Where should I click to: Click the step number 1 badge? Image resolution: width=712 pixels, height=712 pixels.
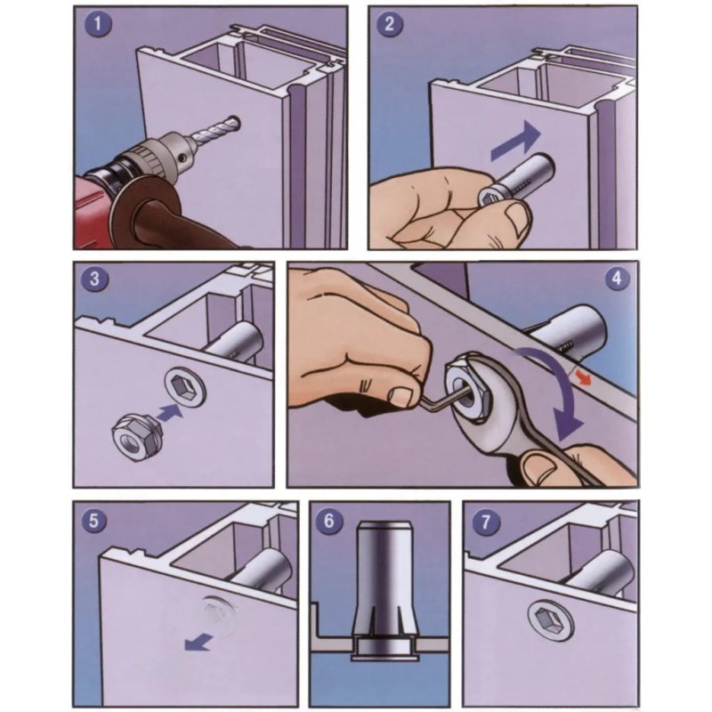[x=98, y=24]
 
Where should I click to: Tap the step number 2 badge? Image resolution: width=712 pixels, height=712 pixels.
[x=390, y=24]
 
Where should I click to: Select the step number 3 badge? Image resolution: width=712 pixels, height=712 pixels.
[x=94, y=279]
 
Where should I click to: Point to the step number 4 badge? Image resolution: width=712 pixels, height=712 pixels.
[x=617, y=278]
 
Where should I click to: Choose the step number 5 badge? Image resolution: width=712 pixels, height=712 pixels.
[x=94, y=521]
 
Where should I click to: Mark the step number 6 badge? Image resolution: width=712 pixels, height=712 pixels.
[x=328, y=521]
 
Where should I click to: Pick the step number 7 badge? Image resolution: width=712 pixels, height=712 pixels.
[x=486, y=522]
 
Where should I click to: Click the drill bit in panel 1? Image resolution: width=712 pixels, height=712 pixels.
[x=215, y=129]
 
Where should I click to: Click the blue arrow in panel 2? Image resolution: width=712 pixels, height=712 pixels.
[x=517, y=142]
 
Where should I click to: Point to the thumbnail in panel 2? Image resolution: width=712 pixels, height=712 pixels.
[x=517, y=219]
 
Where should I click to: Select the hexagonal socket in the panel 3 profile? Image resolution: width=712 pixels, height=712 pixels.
[x=186, y=387]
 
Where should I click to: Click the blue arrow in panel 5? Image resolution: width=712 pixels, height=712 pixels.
[x=198, y=642]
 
